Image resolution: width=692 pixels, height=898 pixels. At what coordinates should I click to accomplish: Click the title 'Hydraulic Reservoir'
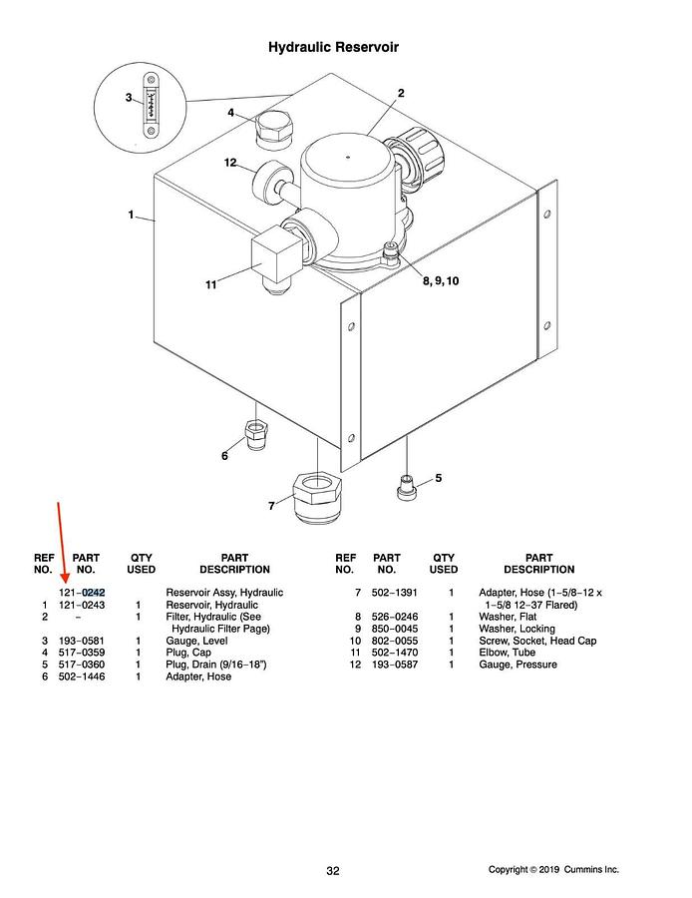click(x=334, y=47)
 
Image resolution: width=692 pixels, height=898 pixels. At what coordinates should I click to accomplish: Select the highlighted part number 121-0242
click(x=82, y=593)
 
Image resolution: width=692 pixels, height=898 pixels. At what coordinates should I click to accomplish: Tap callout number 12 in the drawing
click(x=229, y=163)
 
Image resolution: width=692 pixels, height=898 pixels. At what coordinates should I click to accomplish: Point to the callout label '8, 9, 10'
click(x=440, y=281)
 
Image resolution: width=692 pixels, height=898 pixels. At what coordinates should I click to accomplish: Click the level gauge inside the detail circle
click(x=149, y=109)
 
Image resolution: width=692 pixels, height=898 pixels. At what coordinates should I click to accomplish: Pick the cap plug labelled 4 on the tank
click(x=271, y=129)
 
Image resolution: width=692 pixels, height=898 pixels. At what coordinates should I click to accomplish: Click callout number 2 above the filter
click(x=401, y=93)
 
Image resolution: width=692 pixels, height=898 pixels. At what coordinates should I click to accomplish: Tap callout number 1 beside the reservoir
click(x=131, y=216)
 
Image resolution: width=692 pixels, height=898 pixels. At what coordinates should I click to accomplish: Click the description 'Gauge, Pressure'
click(x=518, y=665)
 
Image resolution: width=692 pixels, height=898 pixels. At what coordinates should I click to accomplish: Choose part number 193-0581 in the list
click(x=82, y=641)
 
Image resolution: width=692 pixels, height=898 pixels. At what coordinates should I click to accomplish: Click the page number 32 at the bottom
click(x=333, y=871)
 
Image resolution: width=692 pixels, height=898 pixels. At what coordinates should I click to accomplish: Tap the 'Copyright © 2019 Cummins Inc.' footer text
click(x=553, y=870)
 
